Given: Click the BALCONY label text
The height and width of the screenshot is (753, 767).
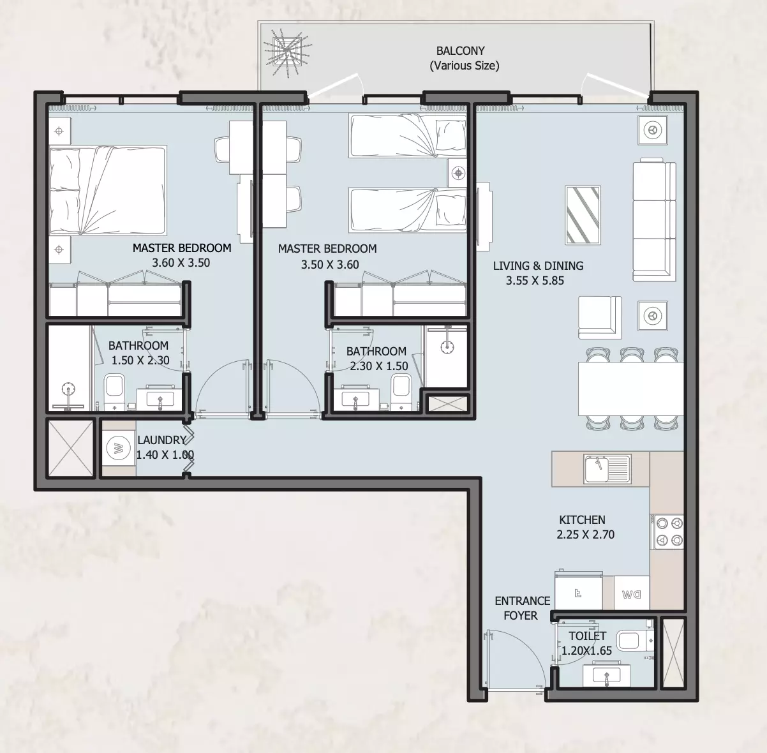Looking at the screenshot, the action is pos(461,51).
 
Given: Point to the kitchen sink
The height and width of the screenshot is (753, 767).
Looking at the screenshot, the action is pos(607,469).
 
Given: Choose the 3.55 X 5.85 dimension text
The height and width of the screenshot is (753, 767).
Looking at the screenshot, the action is pos(535,281).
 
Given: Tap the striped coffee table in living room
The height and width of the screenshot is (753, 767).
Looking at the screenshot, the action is pos(583,215).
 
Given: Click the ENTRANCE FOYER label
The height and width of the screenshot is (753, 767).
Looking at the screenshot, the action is pos(522,608).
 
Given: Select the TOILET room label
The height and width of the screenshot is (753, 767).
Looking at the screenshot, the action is pos(587,636).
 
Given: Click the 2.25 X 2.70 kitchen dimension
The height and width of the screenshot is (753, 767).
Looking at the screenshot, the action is pos(585,534).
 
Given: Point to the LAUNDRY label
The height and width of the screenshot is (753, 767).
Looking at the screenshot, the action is pos(161,440).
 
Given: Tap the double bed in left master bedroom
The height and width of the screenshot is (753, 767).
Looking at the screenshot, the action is pos(107,190).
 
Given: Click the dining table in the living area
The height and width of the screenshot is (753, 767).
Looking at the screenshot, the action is pos(631,389).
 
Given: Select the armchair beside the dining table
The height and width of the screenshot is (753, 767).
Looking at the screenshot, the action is pos(599,317).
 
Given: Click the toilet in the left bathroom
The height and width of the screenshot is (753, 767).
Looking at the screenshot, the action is pos(114,391).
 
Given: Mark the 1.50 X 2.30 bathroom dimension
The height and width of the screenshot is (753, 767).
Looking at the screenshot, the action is pos(140,361).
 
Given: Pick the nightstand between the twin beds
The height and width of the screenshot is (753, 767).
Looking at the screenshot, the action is pos(458,173).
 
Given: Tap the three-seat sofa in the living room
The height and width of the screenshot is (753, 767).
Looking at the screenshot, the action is pos(654,220).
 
